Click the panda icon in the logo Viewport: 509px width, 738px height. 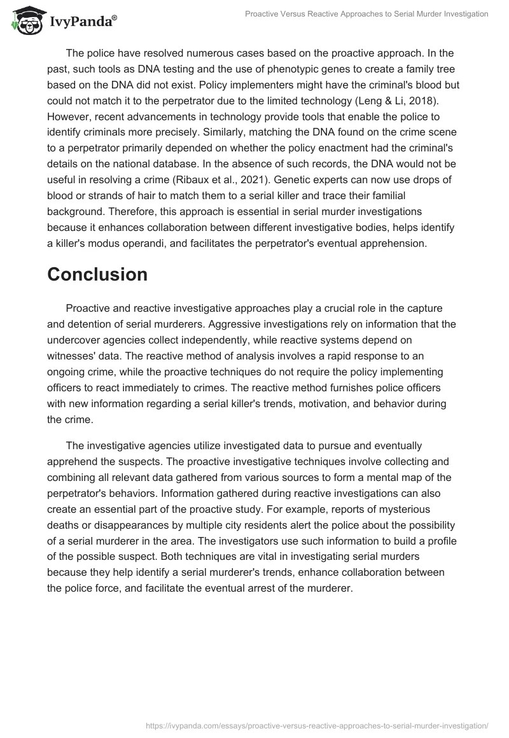pyautogui.click(x=24, y=20)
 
